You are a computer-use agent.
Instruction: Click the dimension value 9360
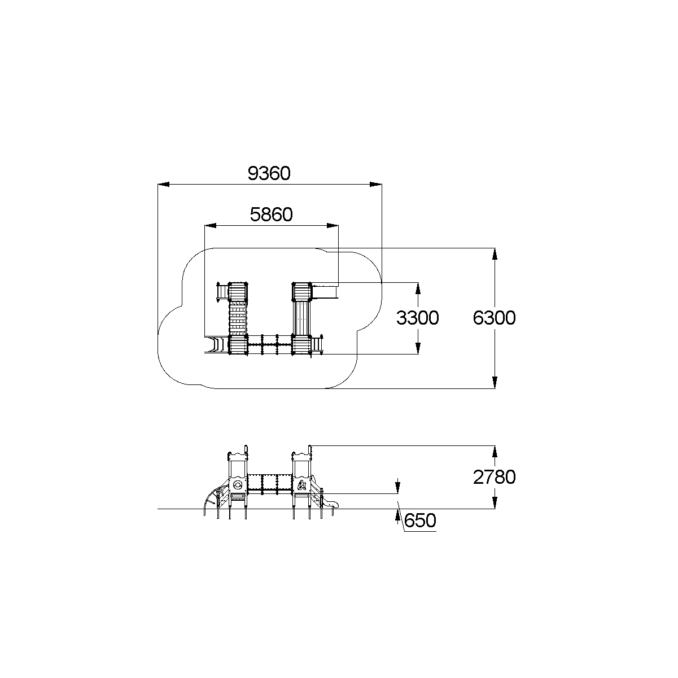coord(269,173)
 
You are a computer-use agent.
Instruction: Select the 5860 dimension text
coord(271,215)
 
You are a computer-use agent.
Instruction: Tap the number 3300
coord(417,318)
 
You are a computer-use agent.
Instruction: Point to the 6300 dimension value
coord(495,318)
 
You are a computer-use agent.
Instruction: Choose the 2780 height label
coord(495,478)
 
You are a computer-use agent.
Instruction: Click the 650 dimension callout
coord(421,520)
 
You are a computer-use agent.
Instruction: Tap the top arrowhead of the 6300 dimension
coord(495,253)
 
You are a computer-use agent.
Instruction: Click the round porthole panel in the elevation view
coord(238,484)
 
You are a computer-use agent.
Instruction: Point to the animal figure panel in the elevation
coord(302,485)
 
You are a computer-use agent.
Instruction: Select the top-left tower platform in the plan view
coord(238,292)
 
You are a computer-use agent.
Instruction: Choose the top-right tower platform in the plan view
coord(302,292)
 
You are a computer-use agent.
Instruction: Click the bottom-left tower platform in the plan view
coord(238,344)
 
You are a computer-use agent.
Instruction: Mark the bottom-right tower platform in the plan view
coord(301,344)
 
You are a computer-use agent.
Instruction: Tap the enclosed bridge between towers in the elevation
coord(270,483)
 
